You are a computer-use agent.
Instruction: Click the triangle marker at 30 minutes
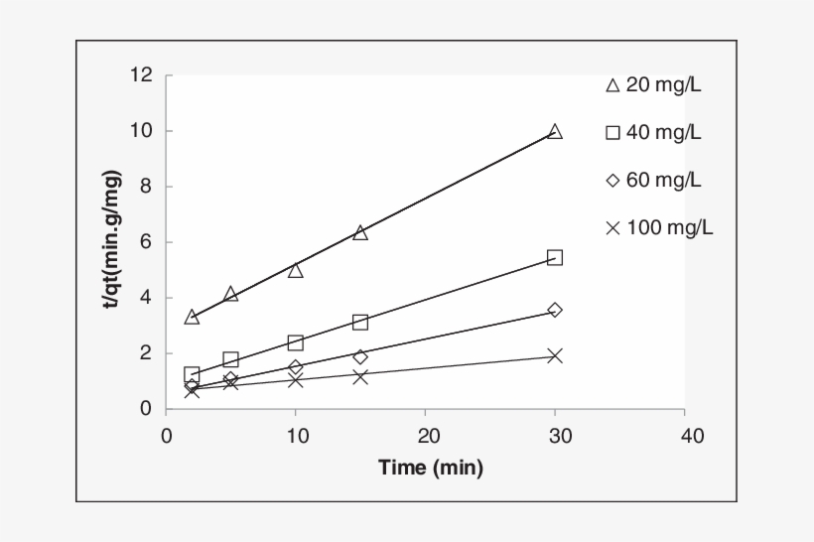pos(555,132)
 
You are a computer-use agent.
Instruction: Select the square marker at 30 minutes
pos(555,257)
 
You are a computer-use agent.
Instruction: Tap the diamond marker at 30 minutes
pos(555,310)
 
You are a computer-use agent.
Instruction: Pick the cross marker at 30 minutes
pos(555,355)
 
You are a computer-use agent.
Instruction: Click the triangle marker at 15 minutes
pos(360,232)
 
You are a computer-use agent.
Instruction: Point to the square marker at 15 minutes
pos(360,322)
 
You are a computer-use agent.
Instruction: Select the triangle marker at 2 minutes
pos(192,317)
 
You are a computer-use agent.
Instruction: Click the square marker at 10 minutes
pos(296,342)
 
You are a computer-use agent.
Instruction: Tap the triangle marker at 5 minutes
pos(230,294)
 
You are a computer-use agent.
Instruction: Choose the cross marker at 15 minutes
pos(360,376)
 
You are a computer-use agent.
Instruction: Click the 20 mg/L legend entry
pos(654,85)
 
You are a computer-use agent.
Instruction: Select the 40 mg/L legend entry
pos(654,133)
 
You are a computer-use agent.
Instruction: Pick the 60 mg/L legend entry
pos(654,181)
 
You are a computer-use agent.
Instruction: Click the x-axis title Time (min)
pos(430,468)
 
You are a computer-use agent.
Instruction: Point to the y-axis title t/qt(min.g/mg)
pos(115,239)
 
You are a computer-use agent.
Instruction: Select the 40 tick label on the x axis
pos(684,436)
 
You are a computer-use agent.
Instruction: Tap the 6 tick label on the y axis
pos(145,242)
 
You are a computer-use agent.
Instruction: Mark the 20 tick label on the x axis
pos(425,436)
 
